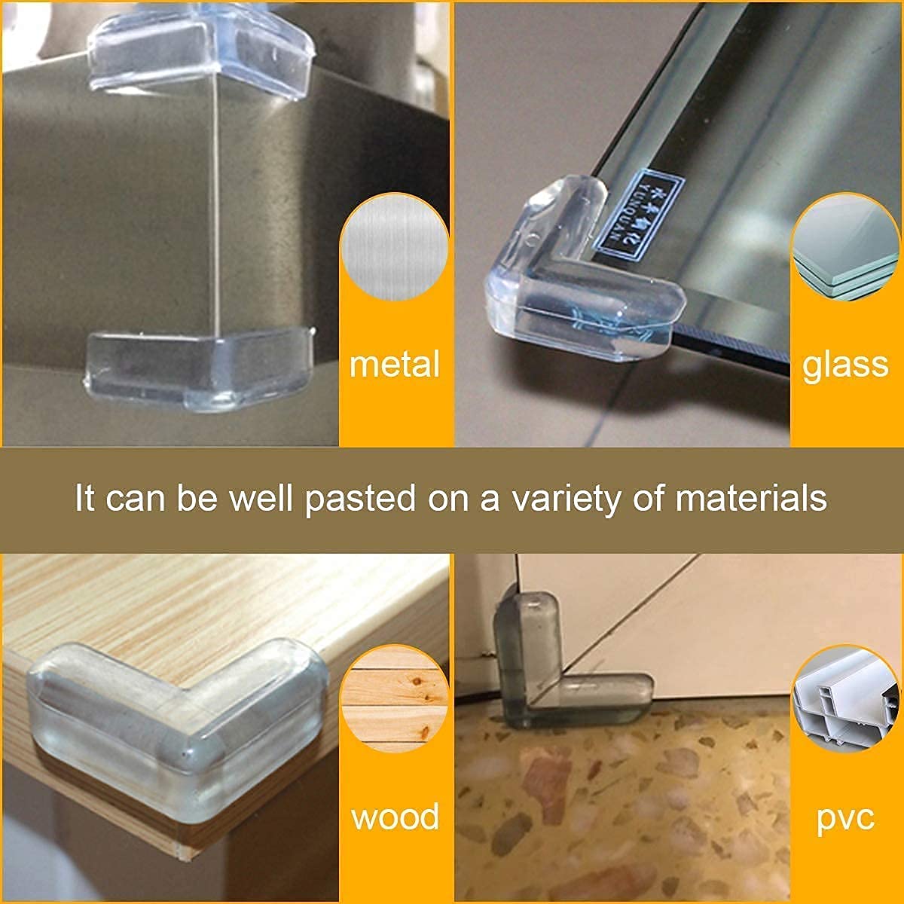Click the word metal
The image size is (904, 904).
[395, 365]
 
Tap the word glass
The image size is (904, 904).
[845, 365]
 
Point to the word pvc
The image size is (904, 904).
[845, 817]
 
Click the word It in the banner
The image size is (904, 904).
[84, 499]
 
